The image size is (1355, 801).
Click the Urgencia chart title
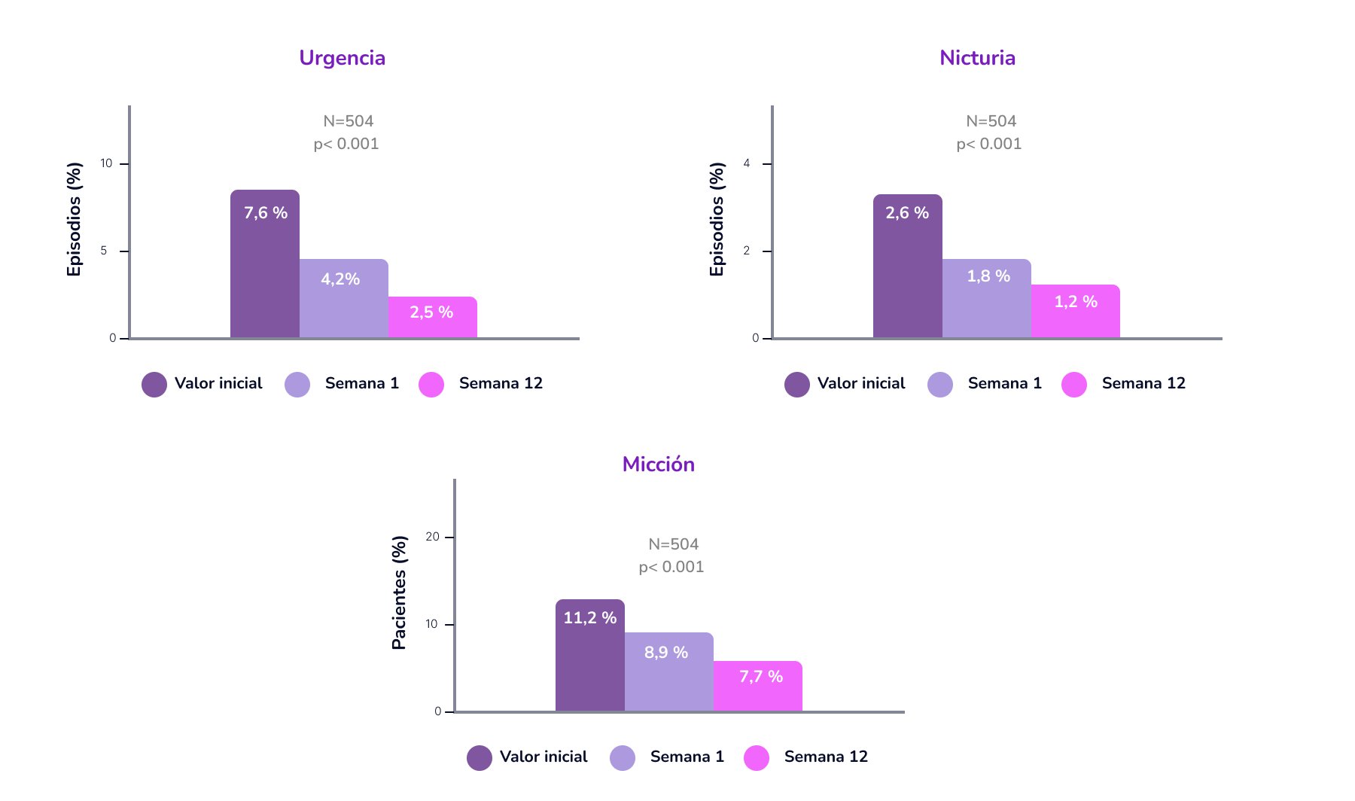342,58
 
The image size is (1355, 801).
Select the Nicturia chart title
977,58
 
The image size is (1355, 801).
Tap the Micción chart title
658,464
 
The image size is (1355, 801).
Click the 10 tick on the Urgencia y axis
106,163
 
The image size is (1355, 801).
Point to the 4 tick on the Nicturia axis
747,163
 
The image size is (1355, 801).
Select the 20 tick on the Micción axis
432,537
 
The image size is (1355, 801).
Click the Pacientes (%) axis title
399,592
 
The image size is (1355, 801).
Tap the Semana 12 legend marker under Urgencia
431,384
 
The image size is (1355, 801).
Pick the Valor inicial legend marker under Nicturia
796,384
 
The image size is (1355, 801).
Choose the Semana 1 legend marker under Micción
623,757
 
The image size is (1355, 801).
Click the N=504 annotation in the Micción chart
673,544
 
